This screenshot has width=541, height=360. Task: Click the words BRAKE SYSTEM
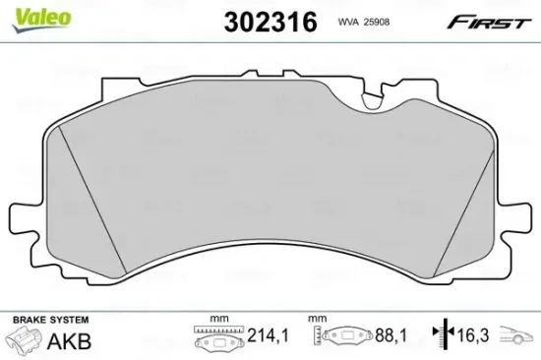point(48,321)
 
